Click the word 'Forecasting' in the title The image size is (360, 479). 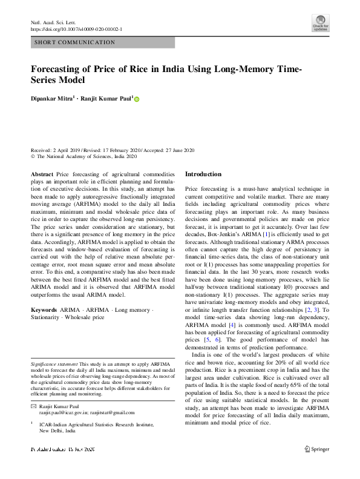pyautogui.click(x=58, y=69)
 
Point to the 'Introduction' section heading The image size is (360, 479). pyautogui.click(x=203, y=174)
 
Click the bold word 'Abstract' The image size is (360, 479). pyautogui.click(x=41, y=174)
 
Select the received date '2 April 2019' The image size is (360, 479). pyautogui.click(x=67, y=150)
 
